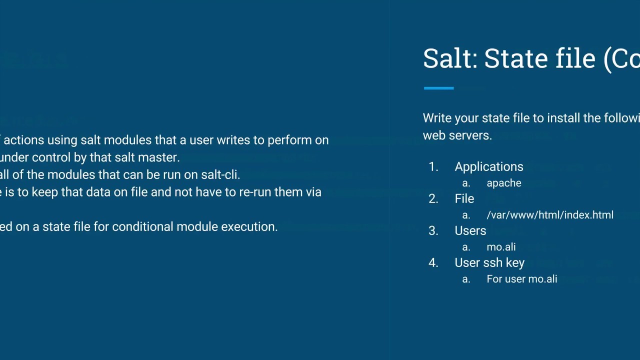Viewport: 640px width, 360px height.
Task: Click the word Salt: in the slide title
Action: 450,58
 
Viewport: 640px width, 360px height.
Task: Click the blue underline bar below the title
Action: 438,88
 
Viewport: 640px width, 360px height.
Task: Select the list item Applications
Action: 488,166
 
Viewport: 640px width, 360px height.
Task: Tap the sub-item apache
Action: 503,183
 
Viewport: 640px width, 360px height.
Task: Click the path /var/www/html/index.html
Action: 549,215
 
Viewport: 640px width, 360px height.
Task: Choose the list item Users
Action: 470,230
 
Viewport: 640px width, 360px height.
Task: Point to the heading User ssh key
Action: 489,262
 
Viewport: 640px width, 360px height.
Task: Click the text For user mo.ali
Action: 521,279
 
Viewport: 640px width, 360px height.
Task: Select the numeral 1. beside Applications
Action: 433,166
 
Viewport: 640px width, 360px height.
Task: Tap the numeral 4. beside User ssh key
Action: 433,262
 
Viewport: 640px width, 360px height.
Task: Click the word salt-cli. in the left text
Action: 220,174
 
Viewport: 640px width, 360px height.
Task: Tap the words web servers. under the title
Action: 457,135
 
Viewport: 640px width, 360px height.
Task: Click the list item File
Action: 464,198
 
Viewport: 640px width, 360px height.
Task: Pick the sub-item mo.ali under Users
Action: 501,247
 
